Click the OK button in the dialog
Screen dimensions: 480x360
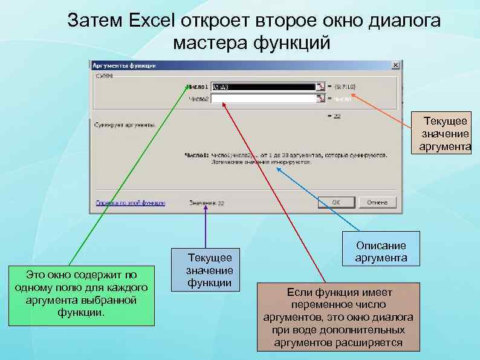tap(336, 203)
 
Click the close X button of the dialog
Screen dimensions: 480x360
tap(395, 65)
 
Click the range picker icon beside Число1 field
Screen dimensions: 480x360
tap(318, 87)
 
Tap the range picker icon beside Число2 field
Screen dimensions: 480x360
tap(318, 98)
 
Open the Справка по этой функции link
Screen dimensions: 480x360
tap(129, 203)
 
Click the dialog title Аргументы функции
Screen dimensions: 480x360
tap(125, 65)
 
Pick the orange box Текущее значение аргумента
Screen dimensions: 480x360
tap(445, 134)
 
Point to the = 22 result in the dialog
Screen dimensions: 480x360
tap(334, 116)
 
